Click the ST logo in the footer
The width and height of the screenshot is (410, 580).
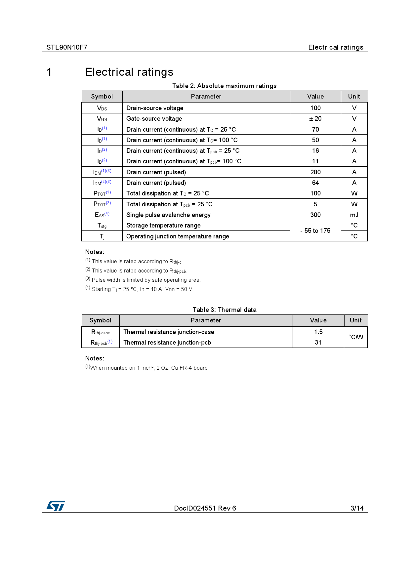point(56,506)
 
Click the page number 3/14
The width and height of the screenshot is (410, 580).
point(357,508)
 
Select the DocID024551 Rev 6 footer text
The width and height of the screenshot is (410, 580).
point(205,508)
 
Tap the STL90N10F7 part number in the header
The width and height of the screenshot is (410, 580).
point(67,47)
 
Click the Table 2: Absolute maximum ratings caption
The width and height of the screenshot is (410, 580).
point(224,86)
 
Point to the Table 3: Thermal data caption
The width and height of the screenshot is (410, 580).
point(225,310)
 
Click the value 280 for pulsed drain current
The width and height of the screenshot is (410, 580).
point(315,172)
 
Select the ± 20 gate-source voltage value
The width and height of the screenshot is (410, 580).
point(315,119)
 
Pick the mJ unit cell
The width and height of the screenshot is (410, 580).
point(354,215)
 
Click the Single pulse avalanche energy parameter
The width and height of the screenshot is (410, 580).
point(168,215)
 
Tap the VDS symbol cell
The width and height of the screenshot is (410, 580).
point(102,108)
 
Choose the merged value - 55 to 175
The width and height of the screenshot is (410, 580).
point(315,231)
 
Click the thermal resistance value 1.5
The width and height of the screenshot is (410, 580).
point(318,332)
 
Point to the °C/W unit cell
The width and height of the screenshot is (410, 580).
point(356,337)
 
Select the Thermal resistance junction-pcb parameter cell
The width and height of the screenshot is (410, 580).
point(167,343)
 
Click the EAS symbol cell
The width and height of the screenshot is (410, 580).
point(102,215)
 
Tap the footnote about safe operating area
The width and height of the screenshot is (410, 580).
point(143,280)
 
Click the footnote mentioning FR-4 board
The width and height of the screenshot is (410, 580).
point(146,368)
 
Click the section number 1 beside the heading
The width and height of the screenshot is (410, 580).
point(49,72)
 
